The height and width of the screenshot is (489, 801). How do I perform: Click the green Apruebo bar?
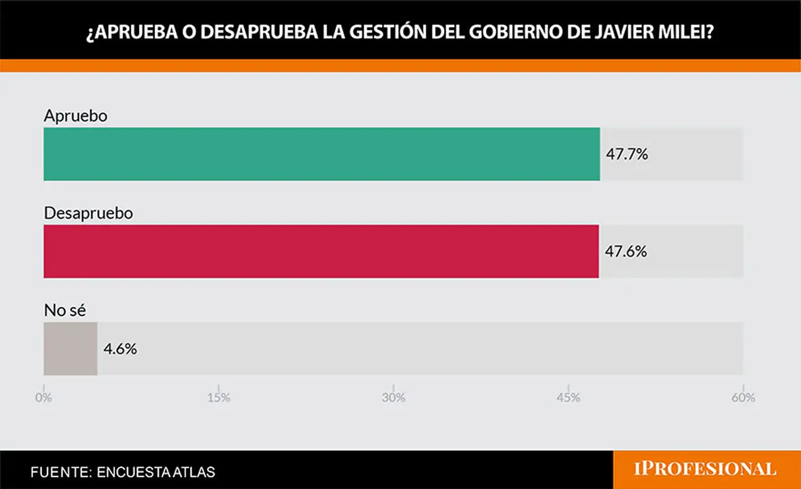[322, 154]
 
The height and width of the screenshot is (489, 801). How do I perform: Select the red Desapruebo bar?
[321, 252]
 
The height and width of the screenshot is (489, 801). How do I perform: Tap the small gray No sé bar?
[71, 349]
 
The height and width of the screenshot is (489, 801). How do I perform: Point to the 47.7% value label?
[627, 154]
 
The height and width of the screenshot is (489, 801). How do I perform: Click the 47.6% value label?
[626, 252]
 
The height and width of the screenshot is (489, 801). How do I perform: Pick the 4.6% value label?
[120, 349]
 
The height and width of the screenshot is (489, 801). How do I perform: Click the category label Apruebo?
[76, 116]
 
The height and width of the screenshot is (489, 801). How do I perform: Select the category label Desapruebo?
[88, 214]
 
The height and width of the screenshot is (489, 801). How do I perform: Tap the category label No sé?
[64, 310]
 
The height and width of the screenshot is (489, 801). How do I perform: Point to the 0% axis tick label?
[44, 398]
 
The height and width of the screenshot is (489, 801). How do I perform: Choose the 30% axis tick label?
[394, 398]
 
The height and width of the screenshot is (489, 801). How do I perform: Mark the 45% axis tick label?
[568, 398]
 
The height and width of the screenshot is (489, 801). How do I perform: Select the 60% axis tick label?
[743, 398]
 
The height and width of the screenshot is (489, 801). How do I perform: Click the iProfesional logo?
[705, 469]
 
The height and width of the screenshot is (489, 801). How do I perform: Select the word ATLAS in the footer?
[194, 472]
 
